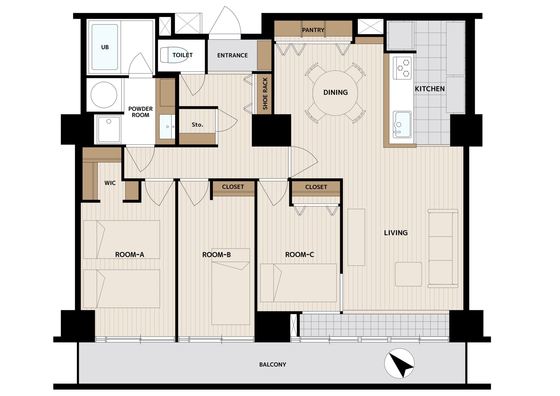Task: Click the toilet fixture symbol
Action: click(x=174, y=55)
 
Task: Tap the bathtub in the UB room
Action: click(x=105, y=47)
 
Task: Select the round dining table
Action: click(x=335, y=93)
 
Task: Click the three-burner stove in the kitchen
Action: click(x=402, y=68)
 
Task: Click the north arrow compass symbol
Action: click(x=399, y=363)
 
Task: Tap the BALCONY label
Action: click(x=273, y=365)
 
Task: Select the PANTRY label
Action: click(x=313, y=30)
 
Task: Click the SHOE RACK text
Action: click(x=265, y=94)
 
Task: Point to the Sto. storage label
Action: click(x=197, y=125)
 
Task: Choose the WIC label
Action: click(x=110, y=183)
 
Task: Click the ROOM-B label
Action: click(x=216, y=255)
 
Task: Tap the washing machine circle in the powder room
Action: click(x=104, y=95)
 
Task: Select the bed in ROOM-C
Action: click(x=298, y=283)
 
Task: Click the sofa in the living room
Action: click(x=443, y=248)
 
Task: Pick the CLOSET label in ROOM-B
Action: click(x=233, y=187)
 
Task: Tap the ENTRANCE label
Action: click(x=232, y=55)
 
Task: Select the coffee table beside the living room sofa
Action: click(x=408, y=274)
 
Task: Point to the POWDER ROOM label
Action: click(x=140, y=112)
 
